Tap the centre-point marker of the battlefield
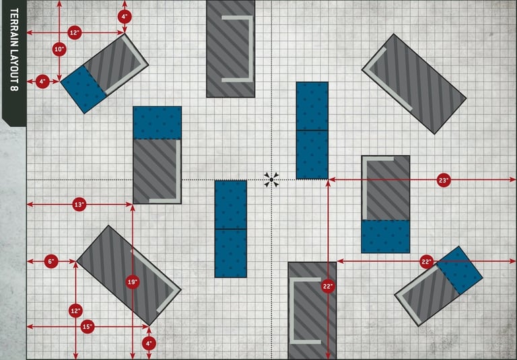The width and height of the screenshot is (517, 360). click(x=271, y=179)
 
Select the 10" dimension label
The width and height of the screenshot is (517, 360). click(x=59, y=49)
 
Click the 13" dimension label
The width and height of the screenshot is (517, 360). click(x=79, y=204)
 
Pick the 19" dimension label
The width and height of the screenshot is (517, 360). click(x=133, y=282)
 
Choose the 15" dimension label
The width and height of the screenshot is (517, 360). click(x=87, y=327)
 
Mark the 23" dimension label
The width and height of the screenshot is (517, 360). click(x=443, y=180)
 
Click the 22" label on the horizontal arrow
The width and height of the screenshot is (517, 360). click(x=425, y=261)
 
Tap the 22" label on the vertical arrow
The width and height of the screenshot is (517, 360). click(x=328, y=287)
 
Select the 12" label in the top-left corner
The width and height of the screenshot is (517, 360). click(x=75, y=32)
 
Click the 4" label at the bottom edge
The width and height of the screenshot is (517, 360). click(x=149, y=343)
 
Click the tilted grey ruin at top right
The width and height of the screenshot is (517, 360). click(x=414, y=83)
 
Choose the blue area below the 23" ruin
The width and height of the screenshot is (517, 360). click(x=385, y=236)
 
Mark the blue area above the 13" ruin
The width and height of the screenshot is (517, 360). click(x=157, y=122)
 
